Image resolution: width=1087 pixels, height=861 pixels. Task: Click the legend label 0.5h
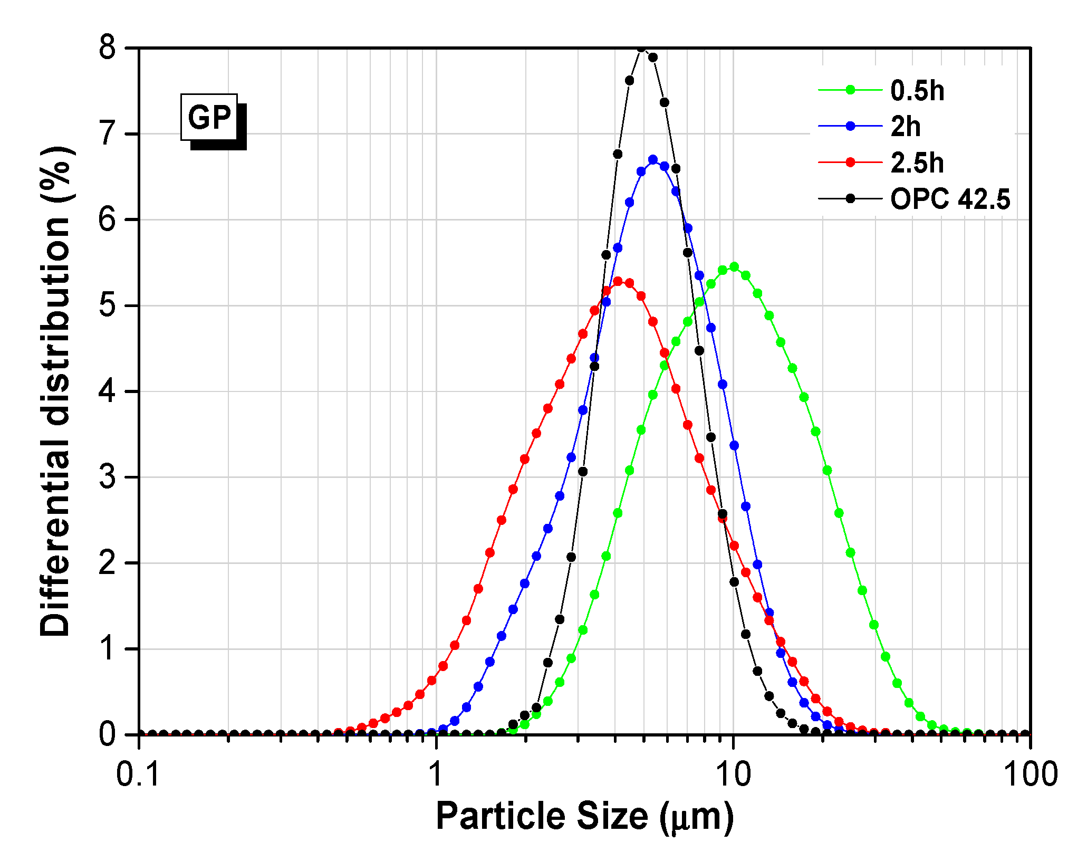pyautogui.click(x=917, y=90)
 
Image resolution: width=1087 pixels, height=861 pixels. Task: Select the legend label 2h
pyautogui.click(x=906, y=127)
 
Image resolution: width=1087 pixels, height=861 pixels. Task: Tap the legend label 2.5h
pyautogui.click(x=917, y=162)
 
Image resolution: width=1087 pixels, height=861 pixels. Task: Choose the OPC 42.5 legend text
pyautogui.click(x=950, y=199)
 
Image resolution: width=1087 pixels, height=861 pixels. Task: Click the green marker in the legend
pyautogui.click(x=850, y=90)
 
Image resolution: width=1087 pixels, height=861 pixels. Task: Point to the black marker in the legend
pyautogui.click(x=850, y=198)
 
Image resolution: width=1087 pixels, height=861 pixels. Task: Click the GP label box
pyautogui.click(x=209, y=117)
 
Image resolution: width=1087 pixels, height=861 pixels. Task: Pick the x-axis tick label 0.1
pyautogui.click(x=138, y=774)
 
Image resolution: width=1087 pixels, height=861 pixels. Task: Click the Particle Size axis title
pyautogui.click(x=584, y=816)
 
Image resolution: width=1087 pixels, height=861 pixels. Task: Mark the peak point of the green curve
pyautogui.click(x=734, y=267)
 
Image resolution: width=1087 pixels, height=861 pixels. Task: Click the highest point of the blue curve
pyautogui.click(x=653, y=159)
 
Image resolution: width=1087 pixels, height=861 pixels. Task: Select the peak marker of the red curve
pyautogui.click(x=618, y=281)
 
